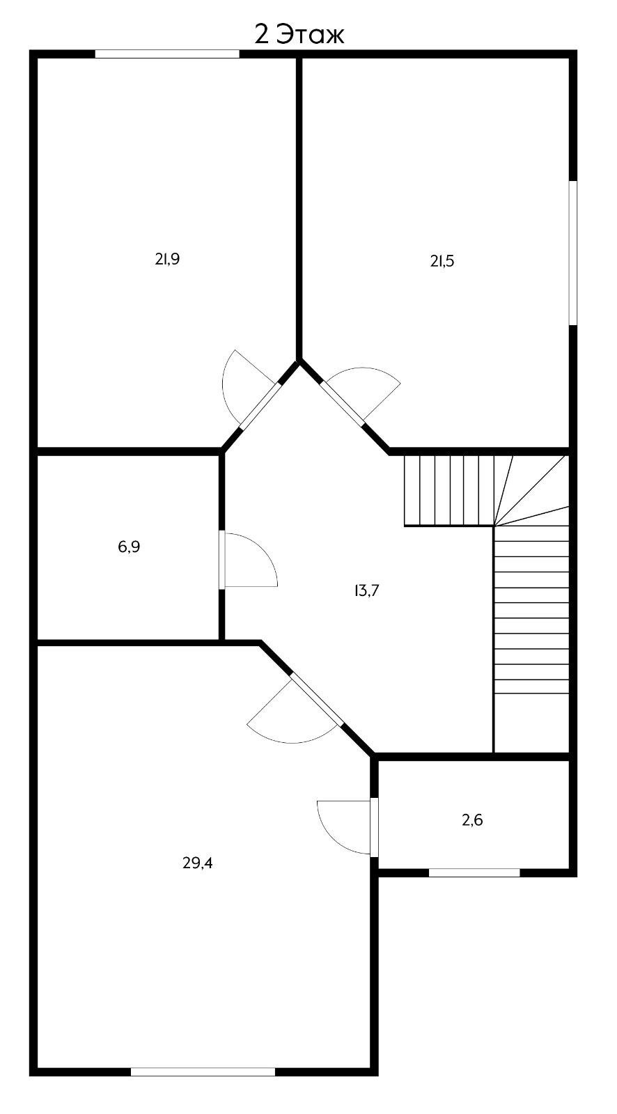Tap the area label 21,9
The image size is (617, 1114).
coord(167,259)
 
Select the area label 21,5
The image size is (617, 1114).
coord(442,261)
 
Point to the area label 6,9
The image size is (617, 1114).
coord(129,547)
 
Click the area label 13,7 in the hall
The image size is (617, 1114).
coord(367,590)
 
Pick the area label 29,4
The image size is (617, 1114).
coord(198,863)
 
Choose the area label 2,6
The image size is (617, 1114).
coord(472,819)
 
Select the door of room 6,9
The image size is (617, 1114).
coord(249,560)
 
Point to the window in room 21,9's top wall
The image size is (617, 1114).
coord(167,54)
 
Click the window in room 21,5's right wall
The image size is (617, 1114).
coord(572,253)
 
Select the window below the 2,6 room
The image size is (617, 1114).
coord(474,872)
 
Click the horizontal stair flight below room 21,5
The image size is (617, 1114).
coord(449,491)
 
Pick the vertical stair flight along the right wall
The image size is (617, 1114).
coord(531,609)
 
